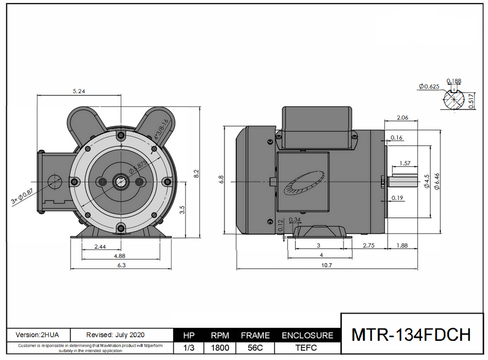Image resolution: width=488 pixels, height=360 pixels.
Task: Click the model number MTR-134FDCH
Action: click(411, 335)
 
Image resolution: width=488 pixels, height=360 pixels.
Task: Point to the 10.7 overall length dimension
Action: click(326, 265)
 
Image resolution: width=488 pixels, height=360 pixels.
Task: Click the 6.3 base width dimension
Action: click(121, 265)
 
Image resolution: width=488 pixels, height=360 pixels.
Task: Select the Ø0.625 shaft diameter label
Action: click(428, 86)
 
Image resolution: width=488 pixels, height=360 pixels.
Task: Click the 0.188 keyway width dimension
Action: click(453, 81)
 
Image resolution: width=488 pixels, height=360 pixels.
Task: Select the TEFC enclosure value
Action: click(307, 349)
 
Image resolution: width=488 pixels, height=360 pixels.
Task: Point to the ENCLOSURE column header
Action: click(307, 336)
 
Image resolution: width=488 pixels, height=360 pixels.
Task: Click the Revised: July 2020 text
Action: click(116, 335)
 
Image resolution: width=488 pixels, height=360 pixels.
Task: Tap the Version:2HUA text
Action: click(37, 335)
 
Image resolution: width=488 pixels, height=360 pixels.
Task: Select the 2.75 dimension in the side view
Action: click(368, 245)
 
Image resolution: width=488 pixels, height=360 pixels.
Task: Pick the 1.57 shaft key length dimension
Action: click(405, 163)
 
